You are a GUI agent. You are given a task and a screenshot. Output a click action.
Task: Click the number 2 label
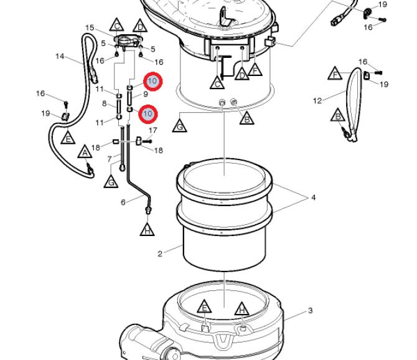pos(159,253)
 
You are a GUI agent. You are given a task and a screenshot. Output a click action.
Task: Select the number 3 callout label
pos(311,311)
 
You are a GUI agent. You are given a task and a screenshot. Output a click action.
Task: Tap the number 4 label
pos(313,197)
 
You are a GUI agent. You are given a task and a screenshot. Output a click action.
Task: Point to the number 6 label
pos(123,202)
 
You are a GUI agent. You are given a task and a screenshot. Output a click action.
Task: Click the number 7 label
pos(110,159)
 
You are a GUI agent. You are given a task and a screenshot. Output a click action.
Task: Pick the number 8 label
pos(105,103)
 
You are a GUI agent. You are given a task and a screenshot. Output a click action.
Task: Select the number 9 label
pos(146,94)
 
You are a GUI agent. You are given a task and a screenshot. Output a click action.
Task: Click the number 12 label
pos(317,101)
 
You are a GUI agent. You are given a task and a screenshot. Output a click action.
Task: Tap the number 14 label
pos(60,57)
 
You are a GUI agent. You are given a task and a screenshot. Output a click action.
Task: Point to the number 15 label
pos(90,27)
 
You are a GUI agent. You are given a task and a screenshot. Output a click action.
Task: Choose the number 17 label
pos(153,130)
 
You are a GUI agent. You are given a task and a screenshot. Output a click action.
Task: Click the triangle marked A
pos(85,152)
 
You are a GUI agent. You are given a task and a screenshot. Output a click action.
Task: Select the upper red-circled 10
pos(152,82)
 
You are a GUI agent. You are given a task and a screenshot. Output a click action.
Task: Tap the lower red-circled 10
pos(148,114)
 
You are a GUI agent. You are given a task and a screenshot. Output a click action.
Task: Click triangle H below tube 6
pos(148,230)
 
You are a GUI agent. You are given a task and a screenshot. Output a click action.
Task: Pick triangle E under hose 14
pos(68,138)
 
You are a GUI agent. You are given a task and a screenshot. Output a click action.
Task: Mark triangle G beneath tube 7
pos(111,182)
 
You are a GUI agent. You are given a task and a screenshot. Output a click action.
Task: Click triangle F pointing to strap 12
pos(335,73)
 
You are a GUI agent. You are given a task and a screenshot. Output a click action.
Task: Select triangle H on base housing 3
pos(241,309)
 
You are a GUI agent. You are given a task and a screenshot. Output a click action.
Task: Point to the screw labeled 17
pos(146,141)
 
